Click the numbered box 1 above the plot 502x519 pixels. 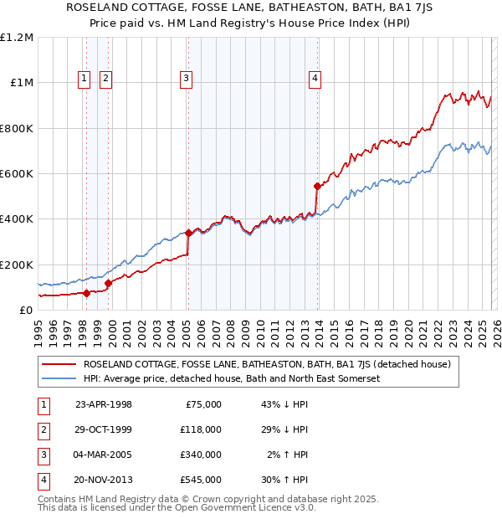(85, 80)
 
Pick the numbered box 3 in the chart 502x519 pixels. (185, 80)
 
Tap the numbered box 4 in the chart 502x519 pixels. (315, 80)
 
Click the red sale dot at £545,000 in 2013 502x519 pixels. (317, 186)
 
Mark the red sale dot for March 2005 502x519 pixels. (188, 232)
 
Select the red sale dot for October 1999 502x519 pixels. (109, 283)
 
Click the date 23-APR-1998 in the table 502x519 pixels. (104, 404)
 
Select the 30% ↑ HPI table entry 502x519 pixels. (284, 480)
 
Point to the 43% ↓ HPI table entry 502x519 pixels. (284, 404)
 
